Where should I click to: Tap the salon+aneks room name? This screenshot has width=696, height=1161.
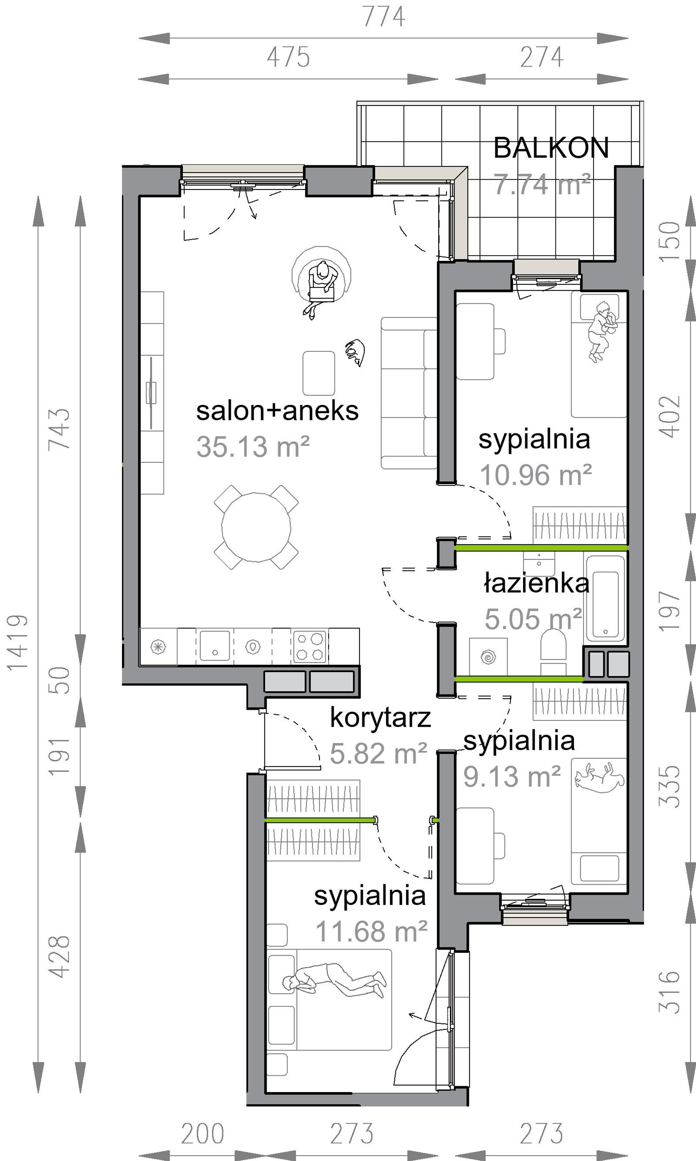[277, 411]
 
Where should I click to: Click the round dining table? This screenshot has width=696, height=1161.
[256, 527]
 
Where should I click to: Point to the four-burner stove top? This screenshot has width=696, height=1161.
[310, 647]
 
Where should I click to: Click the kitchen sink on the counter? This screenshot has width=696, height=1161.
[215, 646]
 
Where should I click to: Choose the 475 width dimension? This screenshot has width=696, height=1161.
[288, 57]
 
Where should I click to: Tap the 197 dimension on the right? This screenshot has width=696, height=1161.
[669, 611]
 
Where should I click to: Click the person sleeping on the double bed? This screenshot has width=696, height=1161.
[334, 978]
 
